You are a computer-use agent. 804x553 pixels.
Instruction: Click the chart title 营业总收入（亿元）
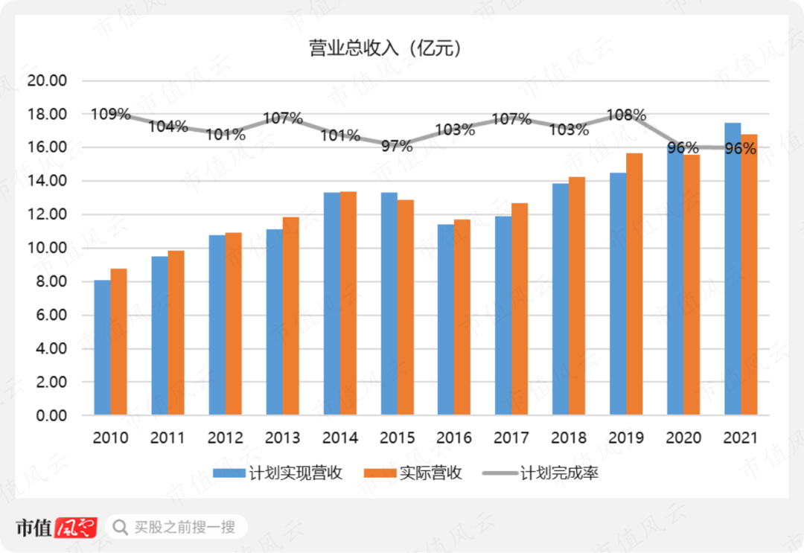[386, 49]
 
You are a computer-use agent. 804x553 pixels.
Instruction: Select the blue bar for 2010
[102, 348]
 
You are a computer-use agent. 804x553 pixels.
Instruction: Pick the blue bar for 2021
[733, 269]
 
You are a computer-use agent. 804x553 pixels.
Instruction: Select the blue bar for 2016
[445, 319]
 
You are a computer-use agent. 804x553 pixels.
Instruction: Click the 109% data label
[111, 115]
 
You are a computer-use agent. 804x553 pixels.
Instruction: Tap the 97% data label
[397, 146]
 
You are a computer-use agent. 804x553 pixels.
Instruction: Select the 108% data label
[626, 115]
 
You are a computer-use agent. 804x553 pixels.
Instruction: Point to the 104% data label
[167, 127]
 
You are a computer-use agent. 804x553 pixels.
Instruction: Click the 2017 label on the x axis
[511, 438]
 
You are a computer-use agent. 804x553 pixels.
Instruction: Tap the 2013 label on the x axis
[282, 438]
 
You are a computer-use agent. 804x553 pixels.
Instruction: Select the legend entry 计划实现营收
[278, 473]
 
